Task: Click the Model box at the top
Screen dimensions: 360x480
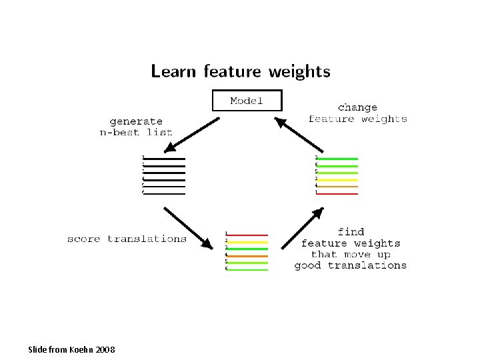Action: tap(247, 101)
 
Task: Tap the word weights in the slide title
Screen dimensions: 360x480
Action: tap(298, 71)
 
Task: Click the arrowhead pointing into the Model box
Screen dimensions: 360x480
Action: tap(279, 121)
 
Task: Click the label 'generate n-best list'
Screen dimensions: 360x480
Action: tap(136, 127)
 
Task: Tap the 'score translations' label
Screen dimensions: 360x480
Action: tap(127, 239)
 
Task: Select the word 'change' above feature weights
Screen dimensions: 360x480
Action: tap(357, 107)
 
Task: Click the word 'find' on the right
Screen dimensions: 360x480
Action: tap(351, 231)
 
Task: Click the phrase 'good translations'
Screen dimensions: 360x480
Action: tap(350, 265)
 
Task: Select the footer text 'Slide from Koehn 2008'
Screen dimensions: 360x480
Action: tap(71, 349)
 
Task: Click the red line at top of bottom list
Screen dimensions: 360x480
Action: tap(247, 235)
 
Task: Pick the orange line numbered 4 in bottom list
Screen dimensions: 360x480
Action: tap(247, 255)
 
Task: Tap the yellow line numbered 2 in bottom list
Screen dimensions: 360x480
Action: tap(247, 241)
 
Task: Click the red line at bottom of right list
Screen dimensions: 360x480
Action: tap(337, 193)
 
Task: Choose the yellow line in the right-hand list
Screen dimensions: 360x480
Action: tap(337, 179)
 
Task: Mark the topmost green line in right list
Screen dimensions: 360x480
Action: tap(337, 159)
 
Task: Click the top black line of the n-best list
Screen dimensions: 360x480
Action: tap(164, 159)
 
